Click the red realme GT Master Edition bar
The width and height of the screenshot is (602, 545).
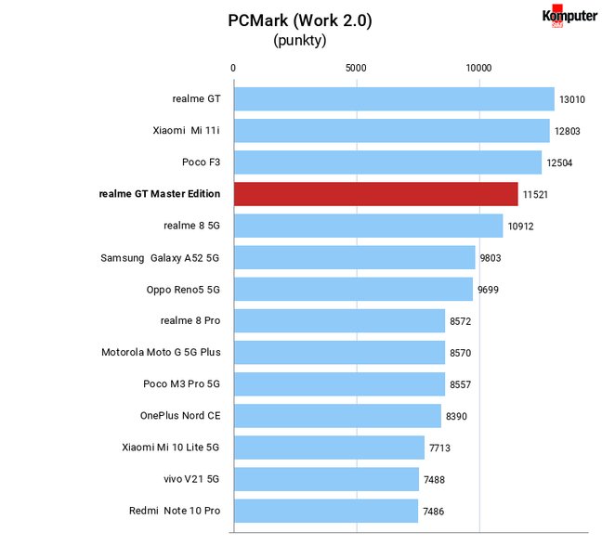pos(376,194)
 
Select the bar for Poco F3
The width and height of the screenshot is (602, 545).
pos(387,162)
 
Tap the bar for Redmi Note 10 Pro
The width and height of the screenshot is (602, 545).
pos(326,511)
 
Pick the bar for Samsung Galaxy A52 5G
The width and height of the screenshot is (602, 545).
pos(355,257)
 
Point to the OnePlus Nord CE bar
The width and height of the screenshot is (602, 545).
pos(337,416)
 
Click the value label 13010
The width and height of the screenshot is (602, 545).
pos(572,99)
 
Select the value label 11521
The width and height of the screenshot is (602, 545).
pos(535,195)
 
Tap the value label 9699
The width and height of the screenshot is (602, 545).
pos(488,290)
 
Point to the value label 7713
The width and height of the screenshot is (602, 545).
pos(439,448)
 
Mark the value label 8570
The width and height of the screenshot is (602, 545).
pos(461,353)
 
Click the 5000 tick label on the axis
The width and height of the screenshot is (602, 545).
pos(356,68)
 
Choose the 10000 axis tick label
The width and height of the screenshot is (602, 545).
pos(478,68)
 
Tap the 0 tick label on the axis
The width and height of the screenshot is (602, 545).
pos(233,68)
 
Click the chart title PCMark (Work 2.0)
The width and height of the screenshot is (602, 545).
pos(300,20)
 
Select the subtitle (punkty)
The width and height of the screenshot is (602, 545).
pos(300,40)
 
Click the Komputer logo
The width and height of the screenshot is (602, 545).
pos(569,16)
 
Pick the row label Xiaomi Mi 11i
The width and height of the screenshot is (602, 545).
pos(186,131)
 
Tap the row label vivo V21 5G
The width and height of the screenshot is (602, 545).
pos(191,479)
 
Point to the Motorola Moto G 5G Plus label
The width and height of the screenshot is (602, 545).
pos(161,352)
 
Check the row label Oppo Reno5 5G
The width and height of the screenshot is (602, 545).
pos(183,290)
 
